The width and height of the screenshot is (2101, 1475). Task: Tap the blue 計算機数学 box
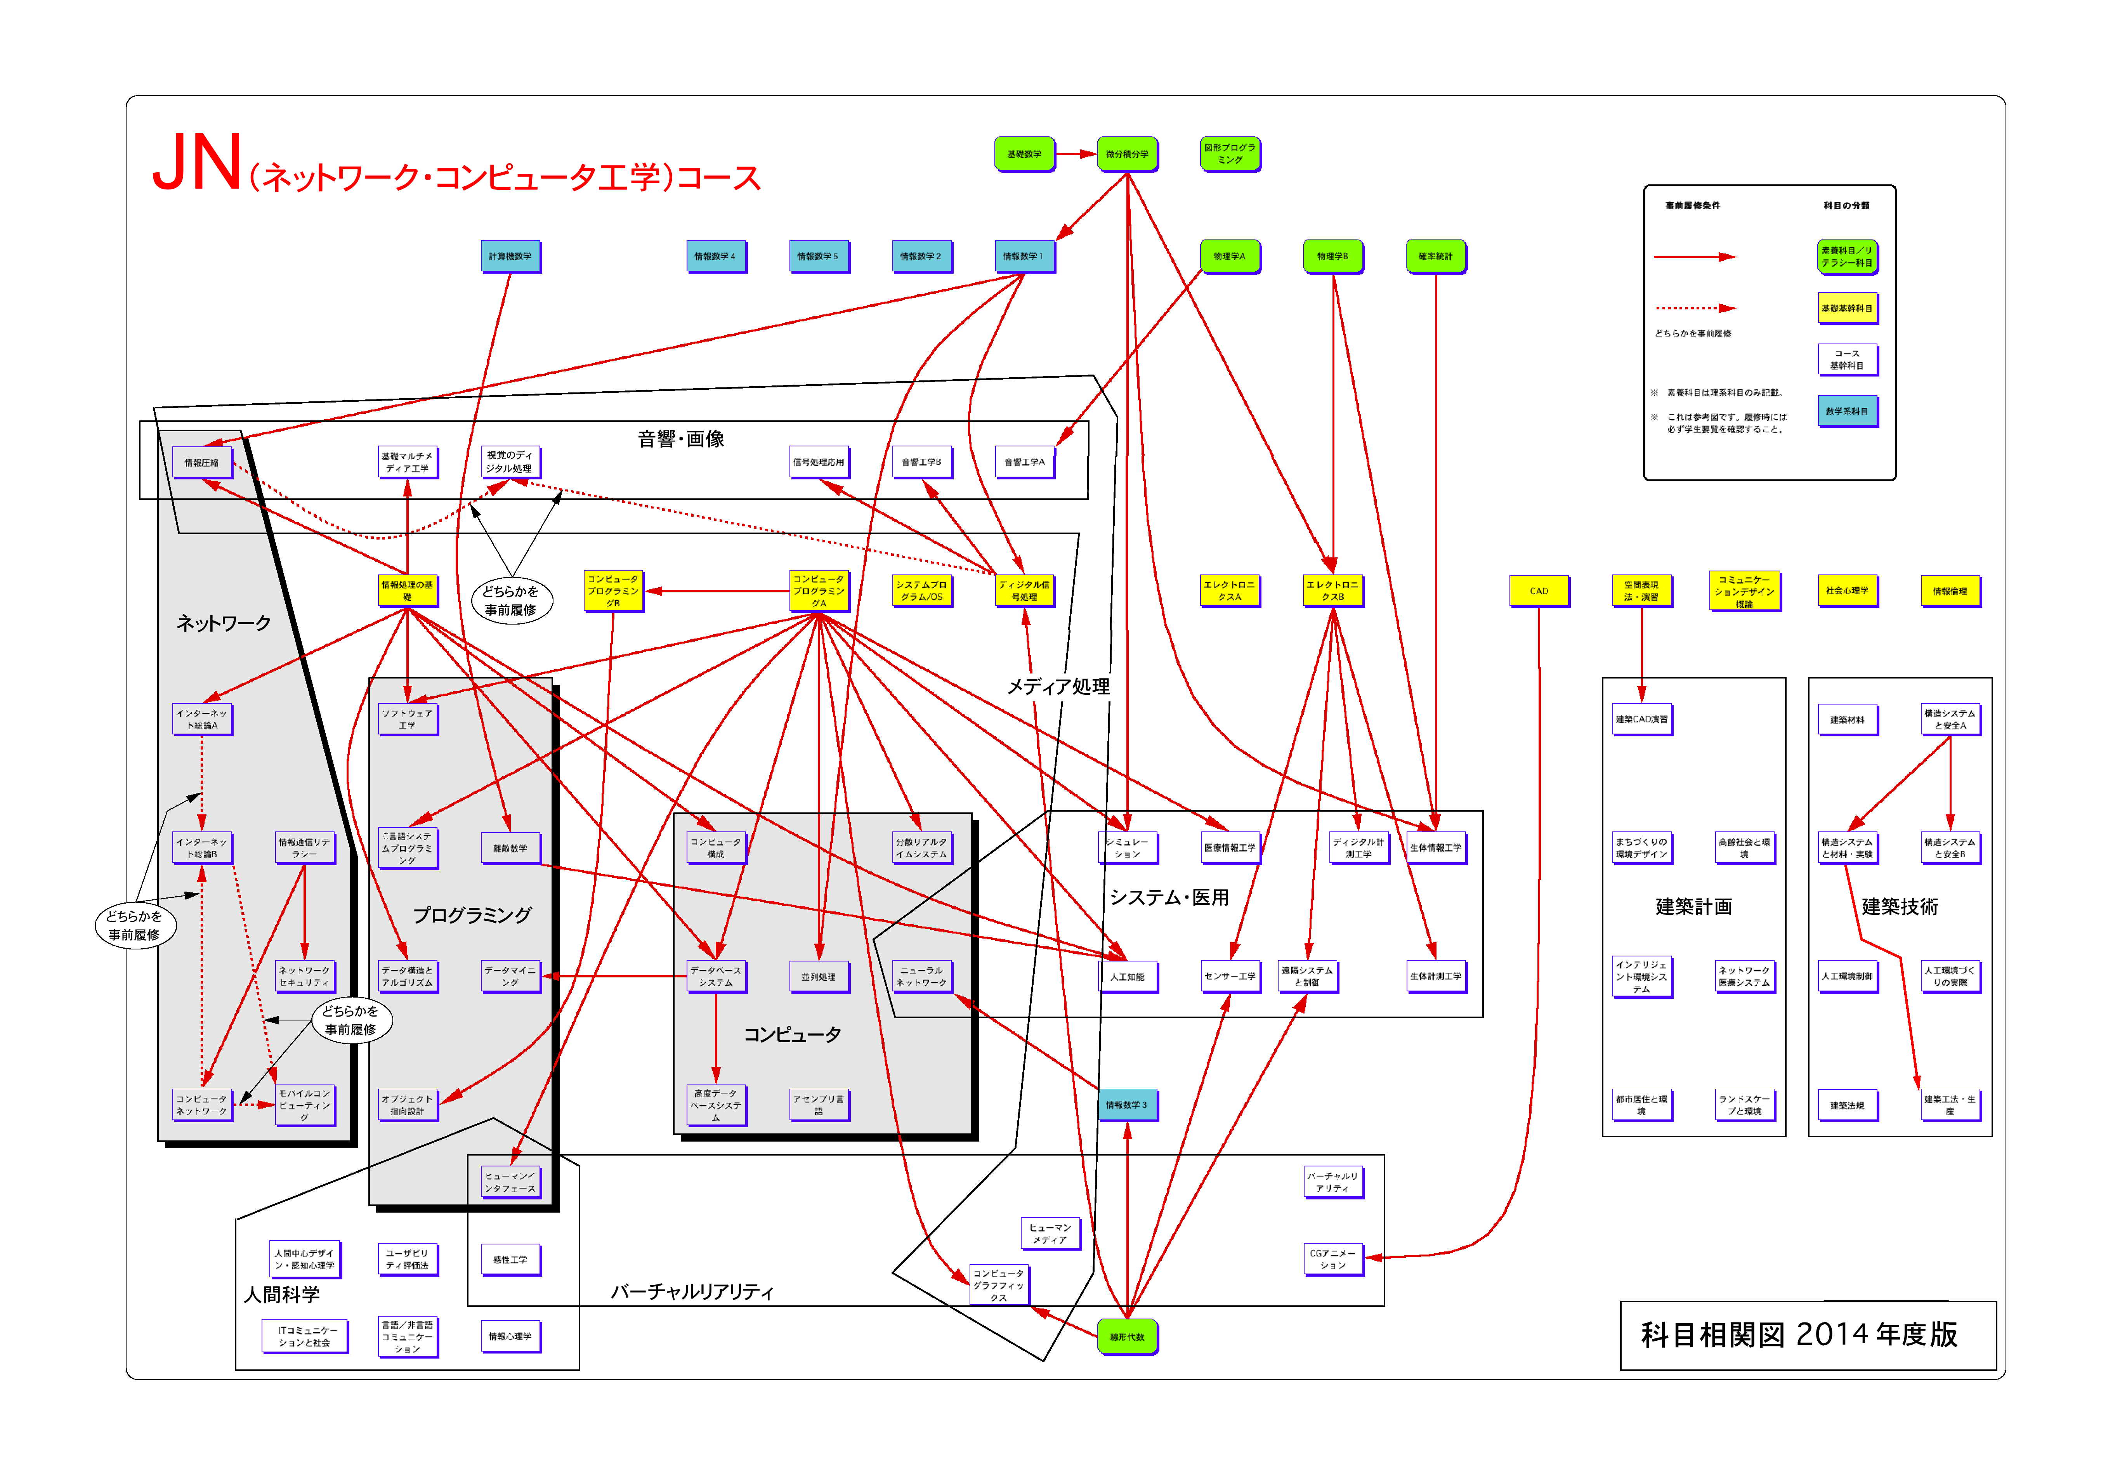pos(510,256)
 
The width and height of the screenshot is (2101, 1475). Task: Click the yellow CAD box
pos(1538,591)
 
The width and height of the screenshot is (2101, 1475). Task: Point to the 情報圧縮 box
pos(201,462)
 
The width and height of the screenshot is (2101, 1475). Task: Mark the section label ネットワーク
pos(223,623)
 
